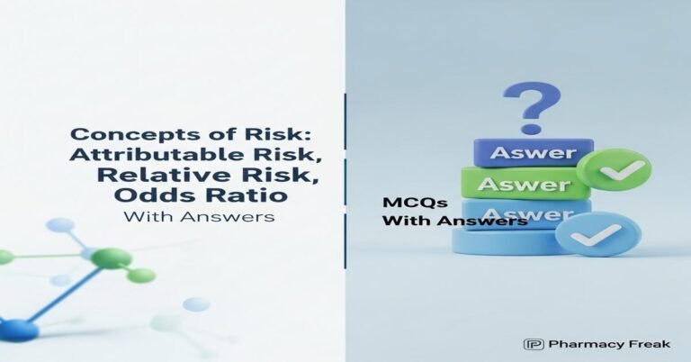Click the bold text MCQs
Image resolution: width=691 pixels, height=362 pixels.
coord(403,204)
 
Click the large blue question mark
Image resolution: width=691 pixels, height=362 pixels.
coord(531,106)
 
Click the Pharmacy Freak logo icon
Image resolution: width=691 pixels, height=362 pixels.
coord(533,344)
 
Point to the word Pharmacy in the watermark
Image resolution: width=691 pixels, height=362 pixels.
coord(579,344)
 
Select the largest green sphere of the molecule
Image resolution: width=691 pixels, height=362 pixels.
coord(112,258)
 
